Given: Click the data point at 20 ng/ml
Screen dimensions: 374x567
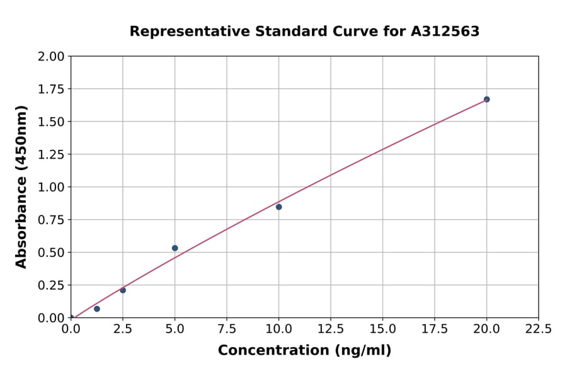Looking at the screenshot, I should (x=486, y=99).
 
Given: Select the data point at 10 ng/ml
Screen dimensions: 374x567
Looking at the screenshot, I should (x=278, y=207).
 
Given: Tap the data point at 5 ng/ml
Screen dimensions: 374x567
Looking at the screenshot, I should (x=175, y=248).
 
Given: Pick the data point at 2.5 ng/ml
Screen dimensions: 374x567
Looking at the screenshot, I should (x=123, y=290).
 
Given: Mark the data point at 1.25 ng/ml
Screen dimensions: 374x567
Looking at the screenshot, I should (x=97, y=309).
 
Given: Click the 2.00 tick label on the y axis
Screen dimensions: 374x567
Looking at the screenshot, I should (x=51, y=57).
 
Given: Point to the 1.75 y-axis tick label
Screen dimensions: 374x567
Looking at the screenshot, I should (x=51, y=89).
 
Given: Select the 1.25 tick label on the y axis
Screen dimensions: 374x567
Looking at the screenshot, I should (x=51, y=155).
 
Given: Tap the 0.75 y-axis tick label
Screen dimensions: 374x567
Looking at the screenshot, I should (x=51, y=220).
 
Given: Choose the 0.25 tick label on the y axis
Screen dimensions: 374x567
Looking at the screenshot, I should (x=51, y=285).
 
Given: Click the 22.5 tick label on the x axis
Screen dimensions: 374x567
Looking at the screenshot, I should (x=538, y=329).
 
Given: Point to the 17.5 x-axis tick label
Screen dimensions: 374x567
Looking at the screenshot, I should (x=434, y=329).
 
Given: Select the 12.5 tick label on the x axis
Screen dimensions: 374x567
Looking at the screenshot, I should (x=330, y=329).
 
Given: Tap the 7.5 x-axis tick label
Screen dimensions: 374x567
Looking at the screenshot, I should (x=227, y=329).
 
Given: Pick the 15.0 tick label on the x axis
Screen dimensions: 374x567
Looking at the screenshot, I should (x=382, y=329).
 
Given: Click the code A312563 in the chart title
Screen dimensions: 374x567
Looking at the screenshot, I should (x=445, y=31).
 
